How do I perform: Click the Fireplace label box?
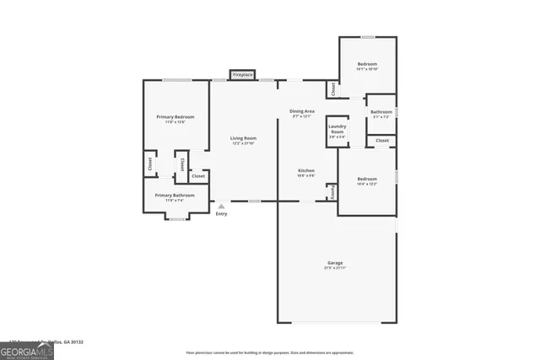(243, 75)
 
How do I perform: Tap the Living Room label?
(244, 138)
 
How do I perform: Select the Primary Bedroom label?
(175, 116)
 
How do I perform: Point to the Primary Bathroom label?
(175, 196)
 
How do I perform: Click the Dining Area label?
(302, 111)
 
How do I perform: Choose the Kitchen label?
(305, 171)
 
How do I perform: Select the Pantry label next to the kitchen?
(333, 192)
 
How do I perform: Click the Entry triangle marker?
(221, 206)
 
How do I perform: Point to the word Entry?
(221, 214)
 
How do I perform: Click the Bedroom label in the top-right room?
(367, 65)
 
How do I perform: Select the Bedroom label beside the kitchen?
(367, 179)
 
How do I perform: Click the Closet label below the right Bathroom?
(382, 140)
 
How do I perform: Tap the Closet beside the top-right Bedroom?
(333, 88)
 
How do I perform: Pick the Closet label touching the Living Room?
(198, 176)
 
